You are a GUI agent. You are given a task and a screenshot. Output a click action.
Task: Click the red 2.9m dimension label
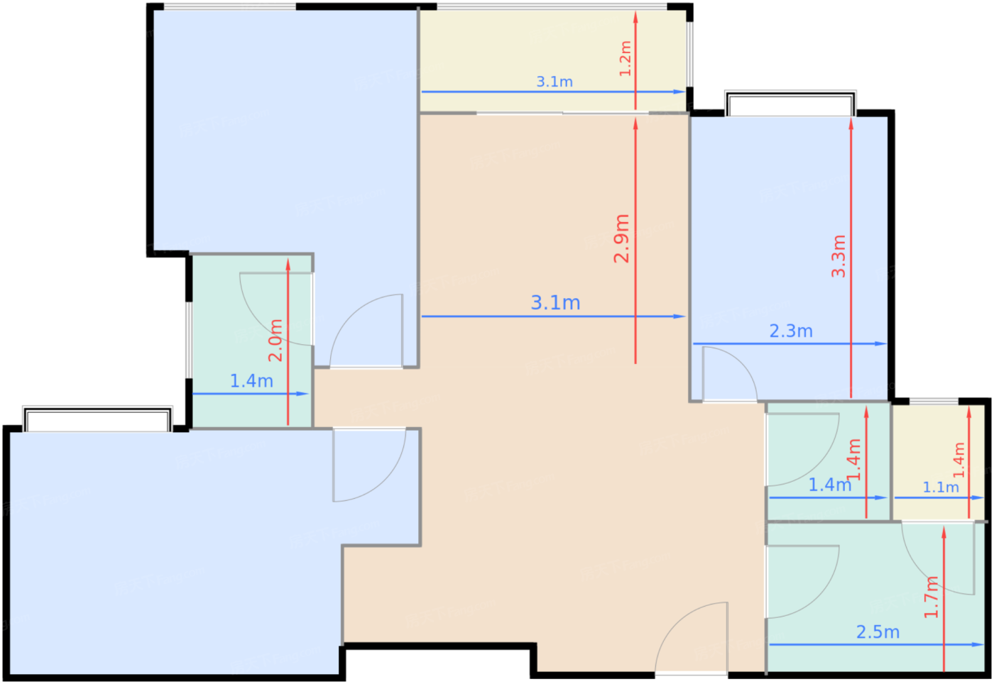(621, 238)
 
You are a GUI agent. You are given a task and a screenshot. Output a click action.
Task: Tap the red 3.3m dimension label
(839, 256)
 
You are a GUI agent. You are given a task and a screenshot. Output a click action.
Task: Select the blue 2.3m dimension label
(791, 331)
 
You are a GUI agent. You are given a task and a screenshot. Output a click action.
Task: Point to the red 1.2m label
(625, 58)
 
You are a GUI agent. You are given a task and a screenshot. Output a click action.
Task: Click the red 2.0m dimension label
(275, 340)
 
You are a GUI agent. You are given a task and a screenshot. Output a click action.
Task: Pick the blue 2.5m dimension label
(878, 632)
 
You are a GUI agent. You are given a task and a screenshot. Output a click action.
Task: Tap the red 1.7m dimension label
(931, 597)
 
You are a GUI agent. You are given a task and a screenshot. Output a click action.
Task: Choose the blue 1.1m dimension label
(941, 487)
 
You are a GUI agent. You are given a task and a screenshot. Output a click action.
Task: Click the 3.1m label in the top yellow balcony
(555, 82)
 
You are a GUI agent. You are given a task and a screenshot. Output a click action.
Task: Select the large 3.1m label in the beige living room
(555, 302)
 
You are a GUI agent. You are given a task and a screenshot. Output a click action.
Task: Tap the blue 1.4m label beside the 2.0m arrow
(251, 381)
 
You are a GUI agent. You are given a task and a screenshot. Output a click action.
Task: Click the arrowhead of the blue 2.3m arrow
(881, 344)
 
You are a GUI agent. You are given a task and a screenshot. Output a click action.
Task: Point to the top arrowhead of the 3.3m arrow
(851, 125)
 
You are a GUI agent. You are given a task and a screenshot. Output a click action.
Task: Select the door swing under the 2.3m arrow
(730, 374)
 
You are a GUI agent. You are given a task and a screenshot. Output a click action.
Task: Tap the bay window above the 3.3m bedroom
(791, 104)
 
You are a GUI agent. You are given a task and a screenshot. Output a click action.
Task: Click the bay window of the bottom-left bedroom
(98, 419)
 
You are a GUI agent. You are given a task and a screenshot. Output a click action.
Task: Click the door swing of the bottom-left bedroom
(370, 465)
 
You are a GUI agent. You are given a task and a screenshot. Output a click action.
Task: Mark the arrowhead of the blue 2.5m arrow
(978, 644)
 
